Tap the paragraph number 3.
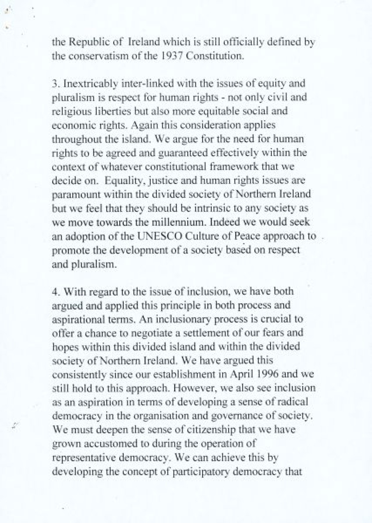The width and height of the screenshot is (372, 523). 54,84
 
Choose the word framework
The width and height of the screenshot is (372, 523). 234,167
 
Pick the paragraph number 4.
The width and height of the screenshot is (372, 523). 55,292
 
